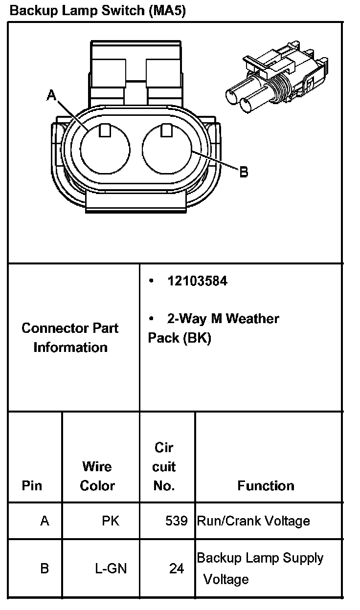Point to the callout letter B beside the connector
[x=244, y=172]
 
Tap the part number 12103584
[x=197, y=281]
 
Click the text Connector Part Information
[x=70, y=337]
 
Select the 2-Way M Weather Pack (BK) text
[x=213, y=328]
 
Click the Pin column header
[x=32, y=485]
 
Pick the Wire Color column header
[x=97, y=476]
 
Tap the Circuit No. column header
[x=164, y=466]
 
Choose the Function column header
[x=266, y=485]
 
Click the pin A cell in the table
[x=45, y=521]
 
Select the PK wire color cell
[x=110, y=521]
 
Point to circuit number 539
[x=176, y=521]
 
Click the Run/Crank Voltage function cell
[x=253, y=521]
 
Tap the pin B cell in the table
[x=45, y=568]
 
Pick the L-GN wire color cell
[x=111, y=568]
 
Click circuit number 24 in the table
[x=177, y=568]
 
